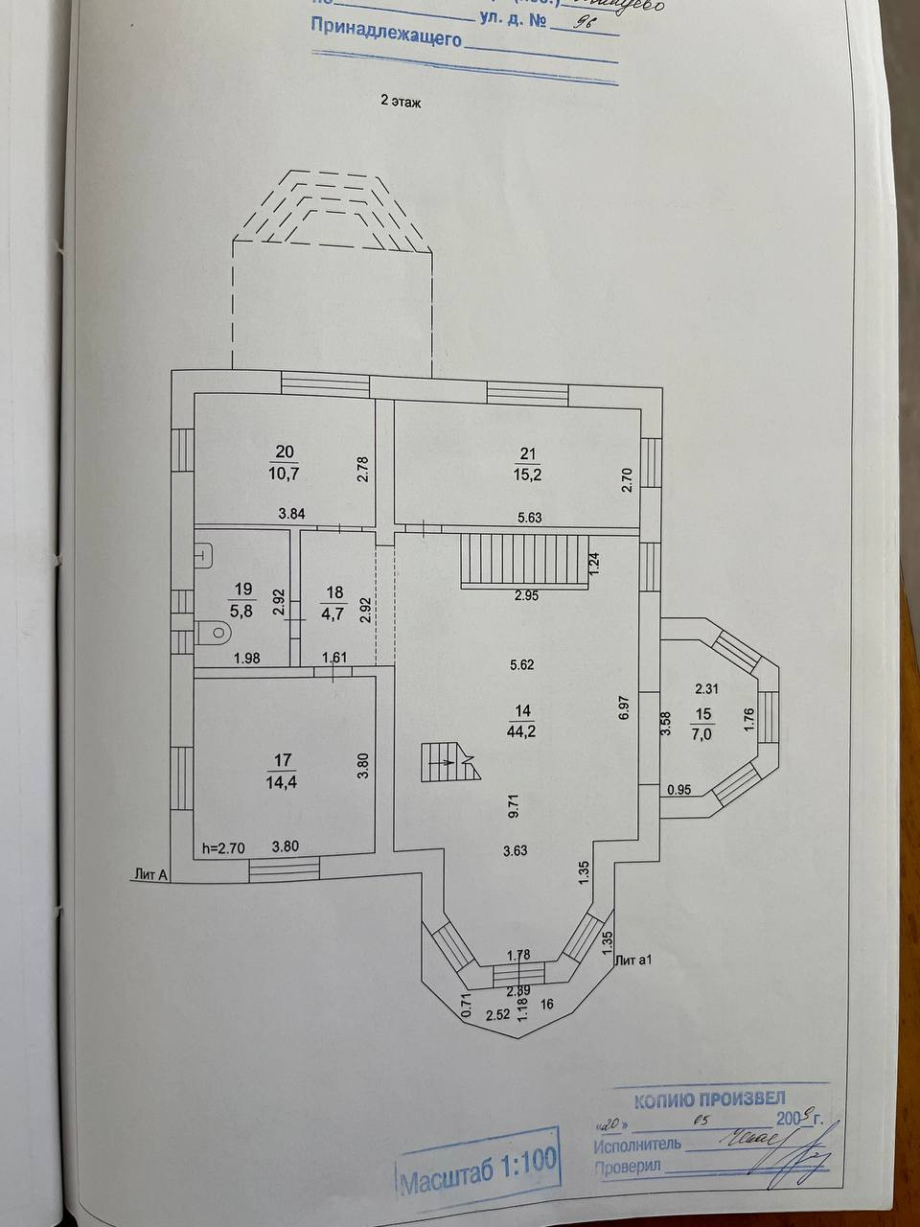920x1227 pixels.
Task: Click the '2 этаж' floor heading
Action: [401, 101]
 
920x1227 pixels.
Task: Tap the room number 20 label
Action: [285, 452]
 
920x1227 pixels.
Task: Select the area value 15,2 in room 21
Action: [528, 474]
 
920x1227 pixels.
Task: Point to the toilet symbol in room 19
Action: [213, 633]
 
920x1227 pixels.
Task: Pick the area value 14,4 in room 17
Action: [283, 781]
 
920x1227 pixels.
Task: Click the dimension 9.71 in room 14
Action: [515, 805]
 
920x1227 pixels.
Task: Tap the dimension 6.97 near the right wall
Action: [623, 707]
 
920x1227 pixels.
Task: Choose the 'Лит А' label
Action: [151, 874]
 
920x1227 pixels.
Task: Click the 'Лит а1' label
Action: [633, 959]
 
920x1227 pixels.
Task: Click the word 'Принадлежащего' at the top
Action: [385, 40]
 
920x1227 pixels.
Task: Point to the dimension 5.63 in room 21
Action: [530, 518]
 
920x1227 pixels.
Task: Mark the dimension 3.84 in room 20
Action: [291, 514]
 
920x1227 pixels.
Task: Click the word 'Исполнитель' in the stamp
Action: [637, 1144]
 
